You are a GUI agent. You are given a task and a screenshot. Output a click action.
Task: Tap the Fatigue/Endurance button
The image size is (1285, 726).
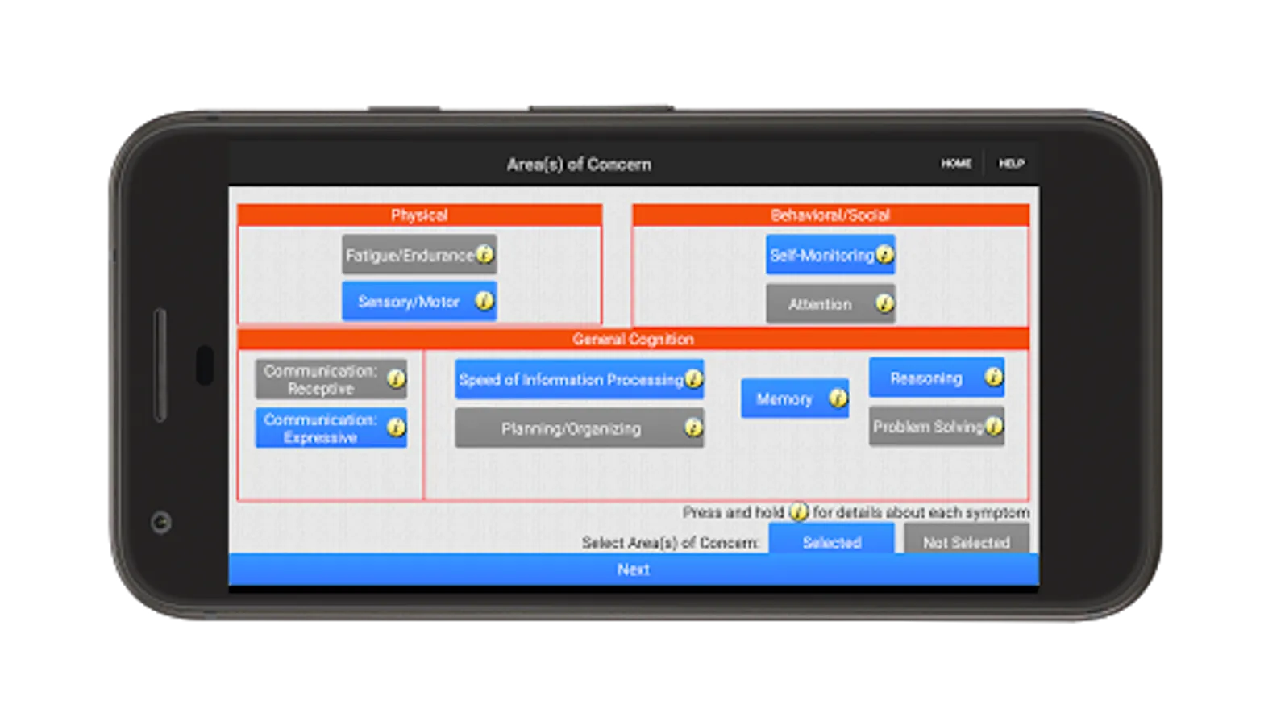point(410,256)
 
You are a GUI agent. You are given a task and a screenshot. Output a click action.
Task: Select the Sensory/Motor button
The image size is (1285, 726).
point(409,302)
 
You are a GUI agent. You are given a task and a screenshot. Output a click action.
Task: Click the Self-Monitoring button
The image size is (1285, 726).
point(821,256)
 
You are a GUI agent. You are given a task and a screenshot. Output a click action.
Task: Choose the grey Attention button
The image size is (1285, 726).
point(820,304)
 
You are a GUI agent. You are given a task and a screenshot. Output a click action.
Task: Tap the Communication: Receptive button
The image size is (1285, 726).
point(321,380)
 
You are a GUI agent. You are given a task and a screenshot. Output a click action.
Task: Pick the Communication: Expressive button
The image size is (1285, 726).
point(321,428)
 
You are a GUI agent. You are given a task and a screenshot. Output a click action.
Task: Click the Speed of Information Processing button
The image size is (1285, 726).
point(570,380)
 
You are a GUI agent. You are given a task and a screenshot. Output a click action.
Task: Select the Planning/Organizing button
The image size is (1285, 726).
point(571,428)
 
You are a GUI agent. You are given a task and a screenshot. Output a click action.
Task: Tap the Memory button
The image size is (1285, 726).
point(784,399)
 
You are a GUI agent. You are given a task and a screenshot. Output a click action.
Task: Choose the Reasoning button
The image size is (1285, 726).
point(925,378)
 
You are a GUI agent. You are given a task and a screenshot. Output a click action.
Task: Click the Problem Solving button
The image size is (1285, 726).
point(928,427)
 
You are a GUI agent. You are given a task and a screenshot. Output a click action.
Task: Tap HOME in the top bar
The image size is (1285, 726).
point(956,164)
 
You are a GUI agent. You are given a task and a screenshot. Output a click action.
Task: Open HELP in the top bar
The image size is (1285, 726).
point(1012,164)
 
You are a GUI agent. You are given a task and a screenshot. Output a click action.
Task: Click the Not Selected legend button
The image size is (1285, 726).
point(966,541)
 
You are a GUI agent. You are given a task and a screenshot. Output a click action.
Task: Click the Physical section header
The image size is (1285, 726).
point(419,215)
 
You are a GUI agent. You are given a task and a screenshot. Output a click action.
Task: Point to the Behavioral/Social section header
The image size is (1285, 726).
point(830,215)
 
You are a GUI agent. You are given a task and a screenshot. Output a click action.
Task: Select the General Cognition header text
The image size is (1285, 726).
point(633,339)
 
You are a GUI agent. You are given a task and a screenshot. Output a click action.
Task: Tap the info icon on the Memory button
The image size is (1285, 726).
point(838,398)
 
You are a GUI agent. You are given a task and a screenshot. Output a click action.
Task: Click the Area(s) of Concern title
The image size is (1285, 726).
point(579,165)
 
